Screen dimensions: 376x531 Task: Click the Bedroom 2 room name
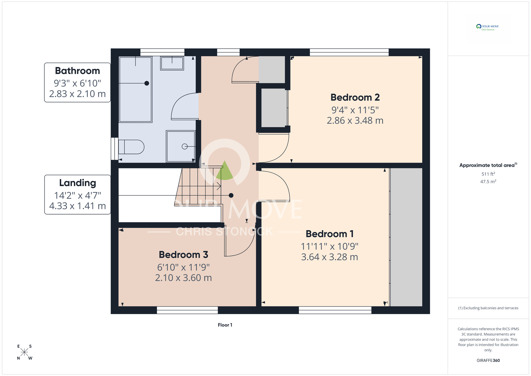click(x=355, y=98)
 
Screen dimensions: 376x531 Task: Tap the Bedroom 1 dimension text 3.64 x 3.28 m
click(x=329, y=257)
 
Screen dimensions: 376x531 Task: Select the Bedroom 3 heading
click(x=183, y=255)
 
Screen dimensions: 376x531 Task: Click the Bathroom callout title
click(x=78, y=71)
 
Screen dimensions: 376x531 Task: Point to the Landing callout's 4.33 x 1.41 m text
click(x=78, y=206)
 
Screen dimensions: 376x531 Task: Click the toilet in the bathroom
click(x=132, y=147)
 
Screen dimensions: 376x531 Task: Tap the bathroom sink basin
click(x=172, y=63)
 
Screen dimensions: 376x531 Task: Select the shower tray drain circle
click(x=185, y=147)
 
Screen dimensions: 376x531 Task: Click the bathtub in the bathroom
click(x=135, y=90)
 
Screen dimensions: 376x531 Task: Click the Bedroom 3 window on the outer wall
click(x=187, y=310)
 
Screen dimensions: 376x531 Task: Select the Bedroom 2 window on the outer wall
click(x=349, y=52)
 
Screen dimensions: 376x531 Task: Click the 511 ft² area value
click(x=488, y=174)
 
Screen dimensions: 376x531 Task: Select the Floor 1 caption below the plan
click(x=225, y=325)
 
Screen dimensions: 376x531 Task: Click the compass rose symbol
click(x=24, y=352)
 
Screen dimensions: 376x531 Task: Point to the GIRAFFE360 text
click(x=488, y=361)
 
